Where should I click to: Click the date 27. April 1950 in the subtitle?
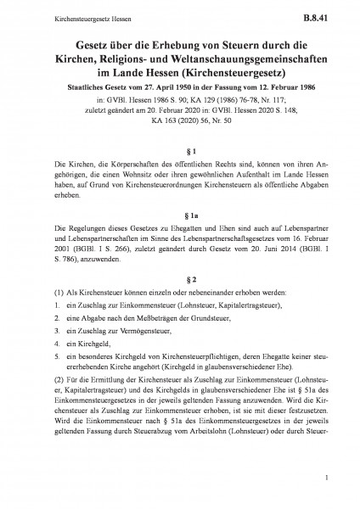pyautogui.click(x=152, y=85)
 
